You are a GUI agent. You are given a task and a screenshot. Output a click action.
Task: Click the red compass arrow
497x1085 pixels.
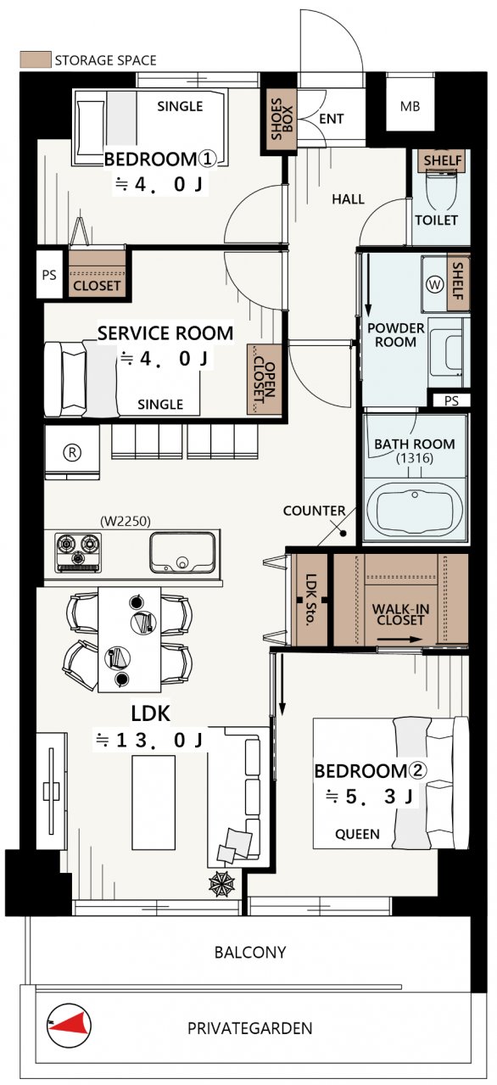[x=73, y=1025]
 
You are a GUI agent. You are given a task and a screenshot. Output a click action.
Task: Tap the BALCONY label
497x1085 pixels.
[x=250, y=953]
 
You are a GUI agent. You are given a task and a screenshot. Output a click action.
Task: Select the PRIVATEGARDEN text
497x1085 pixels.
[x=250, y=1028]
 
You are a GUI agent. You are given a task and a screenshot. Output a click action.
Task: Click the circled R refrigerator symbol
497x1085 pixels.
[x=72, y=452]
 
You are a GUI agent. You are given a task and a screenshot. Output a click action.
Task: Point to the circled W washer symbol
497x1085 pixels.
[x=435, y=284]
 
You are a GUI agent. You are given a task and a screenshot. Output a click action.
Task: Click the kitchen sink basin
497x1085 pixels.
[x=182, y=552]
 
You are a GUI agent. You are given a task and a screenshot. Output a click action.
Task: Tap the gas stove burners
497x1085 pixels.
[x=79, y=552]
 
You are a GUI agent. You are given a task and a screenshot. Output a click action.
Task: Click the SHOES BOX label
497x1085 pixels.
[x=282, y=119]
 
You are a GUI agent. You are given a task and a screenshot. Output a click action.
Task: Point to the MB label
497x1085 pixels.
[x=410, y=106]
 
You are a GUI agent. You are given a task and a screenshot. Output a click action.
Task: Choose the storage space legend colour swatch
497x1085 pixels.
[x=36, y=59]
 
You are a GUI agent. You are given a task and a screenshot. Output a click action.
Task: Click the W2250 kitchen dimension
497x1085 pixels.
[x=126, y=521]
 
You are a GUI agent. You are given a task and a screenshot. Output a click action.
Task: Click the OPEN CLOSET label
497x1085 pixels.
[x=265, y=380]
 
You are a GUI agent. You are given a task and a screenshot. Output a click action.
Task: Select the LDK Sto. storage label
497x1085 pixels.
[x=311, y=600]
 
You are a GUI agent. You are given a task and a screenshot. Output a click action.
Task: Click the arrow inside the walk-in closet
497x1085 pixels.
[x=399, y=640]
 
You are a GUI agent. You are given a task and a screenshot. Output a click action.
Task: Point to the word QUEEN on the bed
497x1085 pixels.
[x=358, y=834]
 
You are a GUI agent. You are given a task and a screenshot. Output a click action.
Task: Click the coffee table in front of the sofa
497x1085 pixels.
[x=154, y=803]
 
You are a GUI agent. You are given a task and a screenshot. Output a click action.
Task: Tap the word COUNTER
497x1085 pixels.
[x=314, y=511]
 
